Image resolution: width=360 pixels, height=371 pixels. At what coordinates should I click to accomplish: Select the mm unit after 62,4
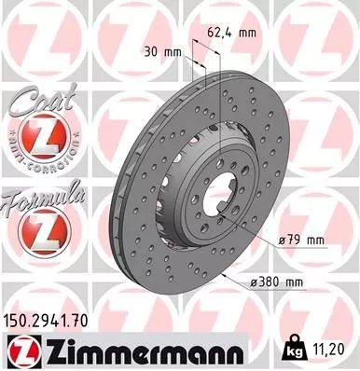coord(246,31)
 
